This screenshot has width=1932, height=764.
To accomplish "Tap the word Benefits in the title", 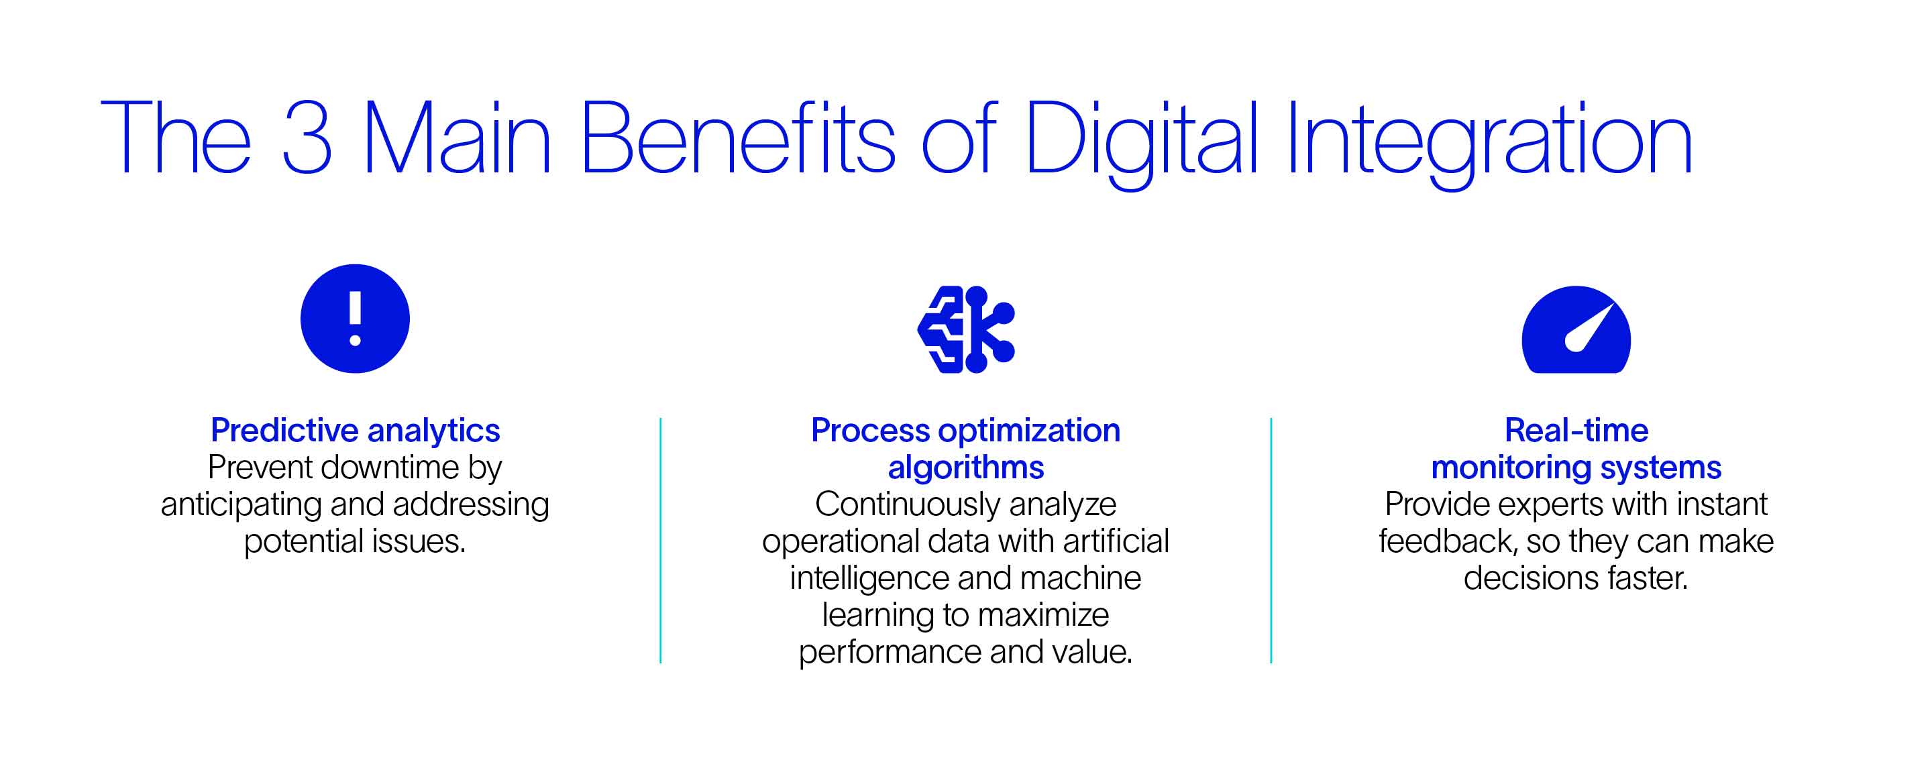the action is pos(738,138).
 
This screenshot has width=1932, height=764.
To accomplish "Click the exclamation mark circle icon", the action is pos(355,319).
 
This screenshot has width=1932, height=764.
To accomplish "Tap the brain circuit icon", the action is pos(966,329).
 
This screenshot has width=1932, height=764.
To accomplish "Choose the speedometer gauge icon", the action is pos(1576,329).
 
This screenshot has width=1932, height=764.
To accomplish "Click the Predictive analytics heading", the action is pos(355,431).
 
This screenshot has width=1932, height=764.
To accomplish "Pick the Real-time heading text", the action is pos(1576,431).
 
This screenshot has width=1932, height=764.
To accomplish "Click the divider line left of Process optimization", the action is pos(660,541).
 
